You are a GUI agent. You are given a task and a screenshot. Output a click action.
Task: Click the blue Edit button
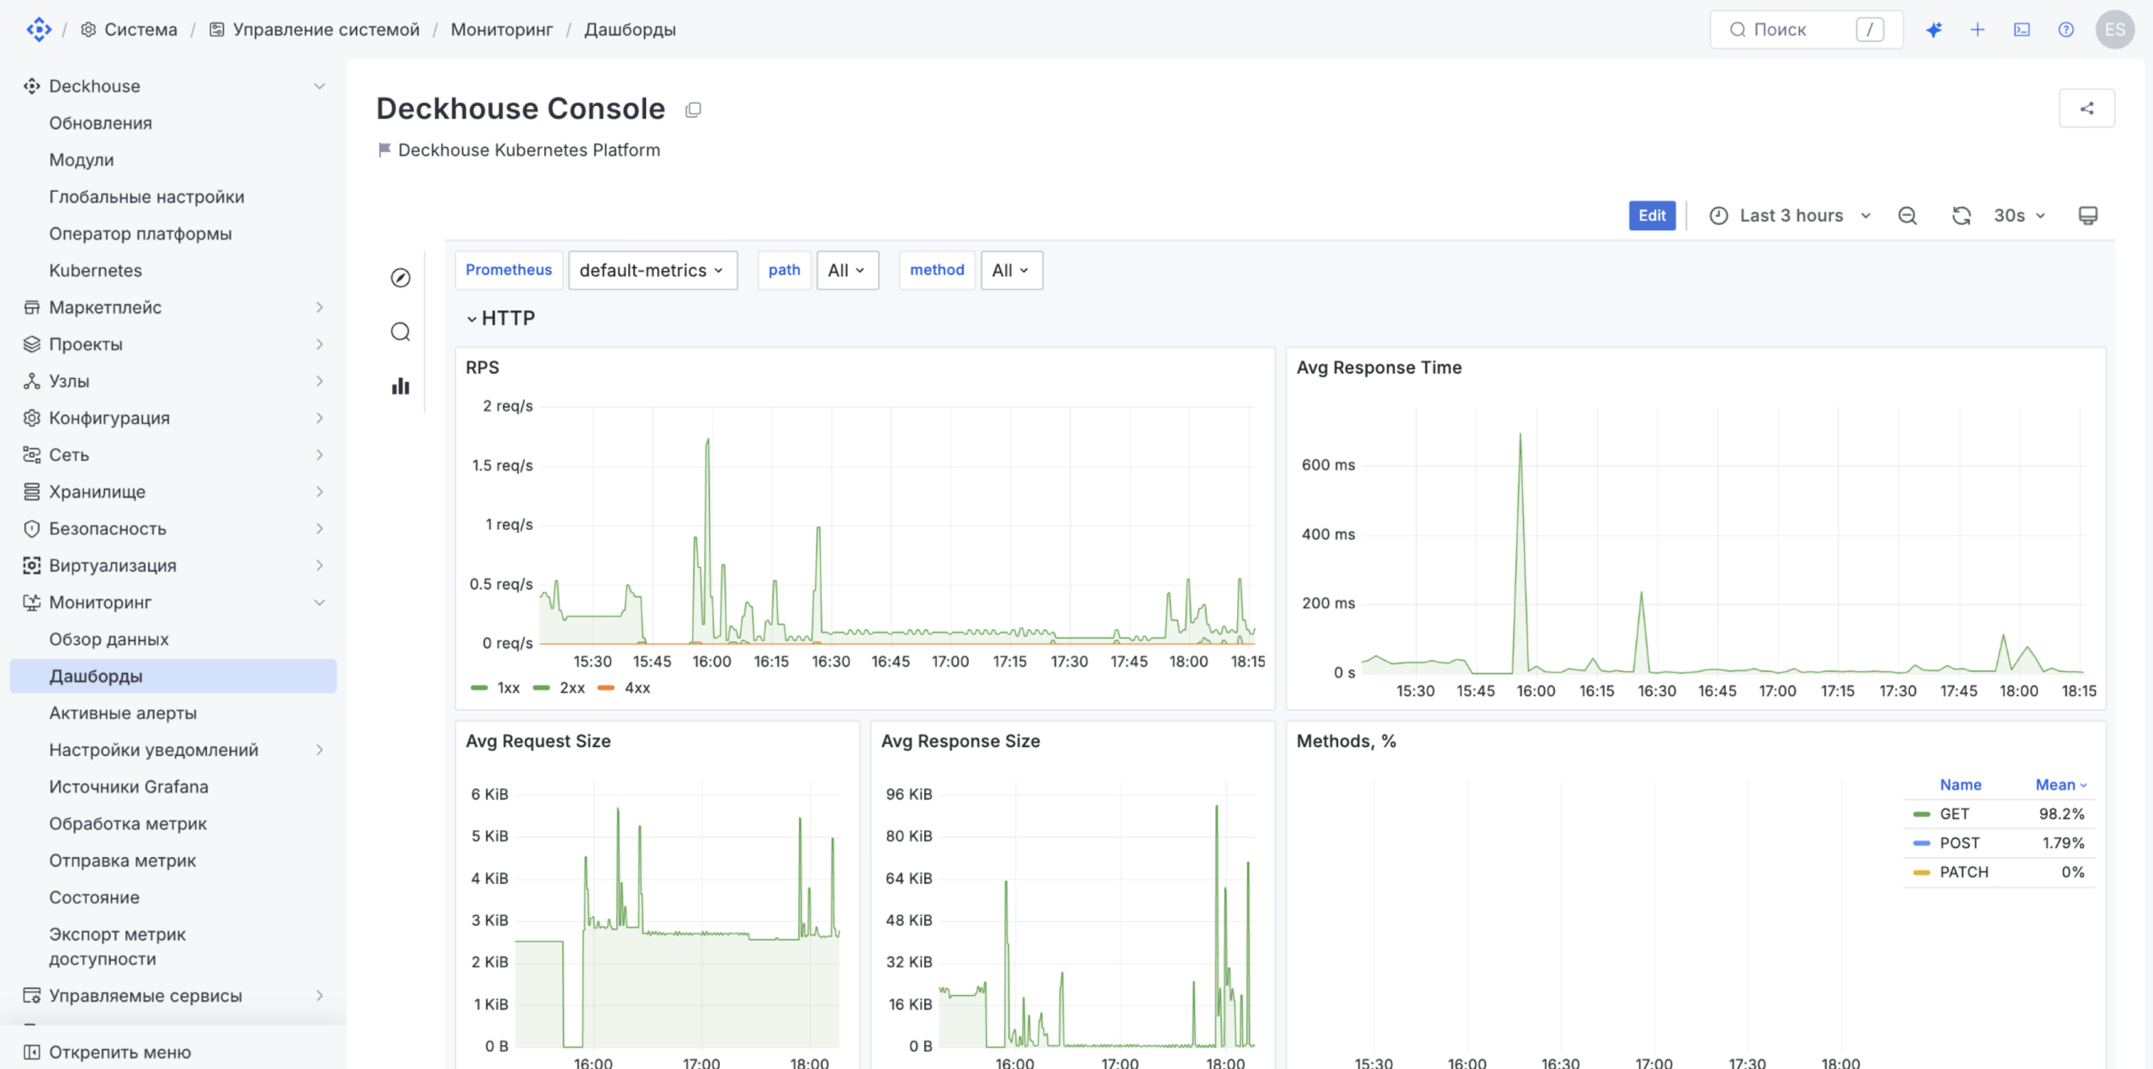pyautogui.click(x=1652, y=215)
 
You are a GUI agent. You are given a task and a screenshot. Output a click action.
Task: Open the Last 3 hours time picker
pyautogui.click(x=1791, y=215)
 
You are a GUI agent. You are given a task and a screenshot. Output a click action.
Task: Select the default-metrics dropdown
pyautogui.click(x=653, y=270)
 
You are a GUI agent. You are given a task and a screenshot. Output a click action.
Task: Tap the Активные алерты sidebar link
pyautogui.click(x=123, y=713)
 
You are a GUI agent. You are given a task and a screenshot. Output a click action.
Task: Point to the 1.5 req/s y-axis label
pyautogui.click(x=502, y=465)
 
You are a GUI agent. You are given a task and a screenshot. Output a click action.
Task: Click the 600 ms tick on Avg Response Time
pyautogui.click(x=1328, y=465)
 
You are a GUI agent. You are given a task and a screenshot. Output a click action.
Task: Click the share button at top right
pyautogui.click(x=2087, y=108)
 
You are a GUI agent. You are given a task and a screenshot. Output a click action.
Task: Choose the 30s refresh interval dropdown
pyautogui.click(x=2018, y=215)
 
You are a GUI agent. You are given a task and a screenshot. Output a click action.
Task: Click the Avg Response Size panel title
pyautogui.click(x=960, y=741)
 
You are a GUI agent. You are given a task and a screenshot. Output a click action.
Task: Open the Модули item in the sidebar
pyautogui.click(x=82, y=160)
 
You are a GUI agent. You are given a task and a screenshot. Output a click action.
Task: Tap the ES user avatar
pyautogui.click(x=2115, y=29)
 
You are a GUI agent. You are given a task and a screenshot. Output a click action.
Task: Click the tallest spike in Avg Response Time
pyautogui.click(x=1520, y=434)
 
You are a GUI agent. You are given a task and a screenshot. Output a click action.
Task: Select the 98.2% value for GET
pyautogui.click(x=2061, y=814)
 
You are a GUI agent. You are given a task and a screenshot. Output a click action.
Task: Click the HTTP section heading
pyautogui.click(x=508, y=318)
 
